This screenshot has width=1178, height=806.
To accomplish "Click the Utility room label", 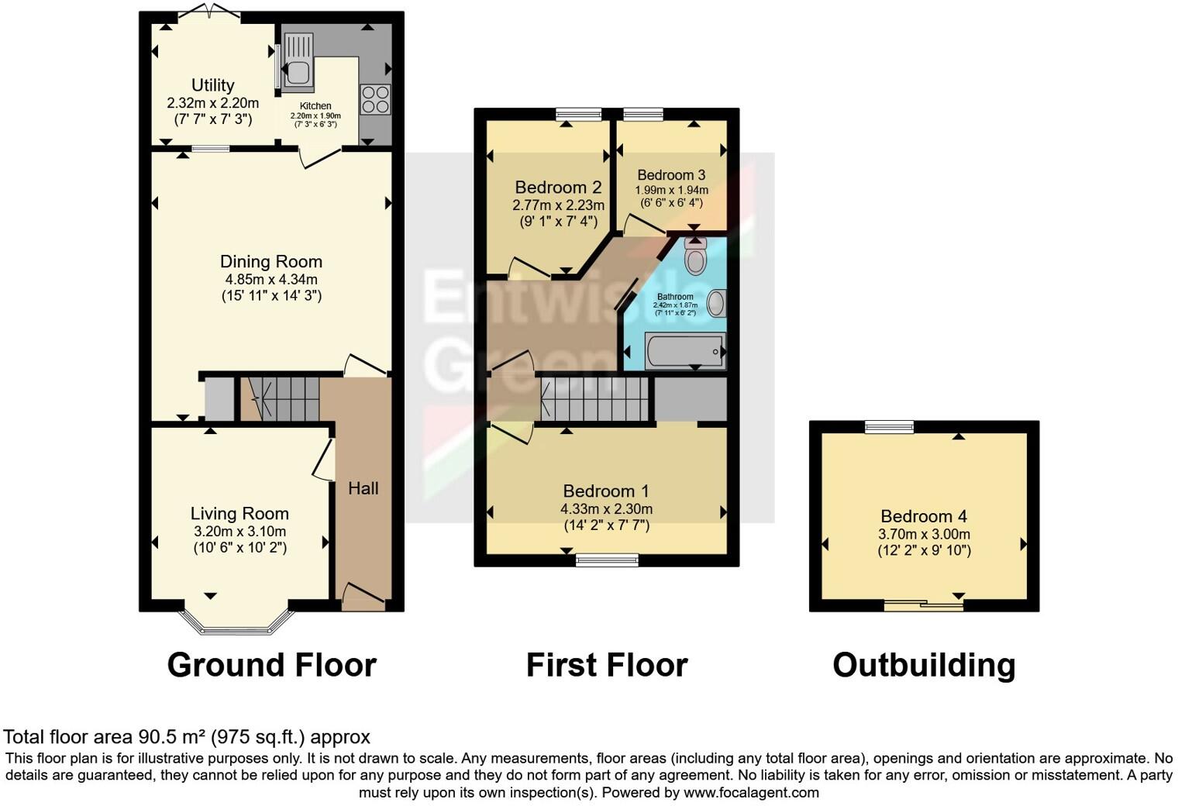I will (x=212, y=85).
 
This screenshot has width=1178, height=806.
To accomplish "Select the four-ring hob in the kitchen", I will (x=376, y=99).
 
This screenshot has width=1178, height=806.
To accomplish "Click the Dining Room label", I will (x=270, y=262).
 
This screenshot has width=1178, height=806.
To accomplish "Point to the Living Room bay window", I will (x=237, y=620).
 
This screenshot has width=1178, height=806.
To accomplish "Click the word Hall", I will (x=363, y=488).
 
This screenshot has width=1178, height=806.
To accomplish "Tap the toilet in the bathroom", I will (x=695, y=257).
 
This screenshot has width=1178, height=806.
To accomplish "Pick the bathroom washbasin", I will (x=716, y=303).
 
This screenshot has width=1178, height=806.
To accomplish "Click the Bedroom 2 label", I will (x=558, y=188).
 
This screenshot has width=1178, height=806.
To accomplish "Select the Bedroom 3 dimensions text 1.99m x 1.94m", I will (x=671, y=190).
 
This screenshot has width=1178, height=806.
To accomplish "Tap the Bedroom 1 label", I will (x=606, y=491).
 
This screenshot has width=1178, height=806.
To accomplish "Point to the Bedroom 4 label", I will (x=924, y=516).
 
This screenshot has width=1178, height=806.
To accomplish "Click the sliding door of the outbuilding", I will (x=924, y=605).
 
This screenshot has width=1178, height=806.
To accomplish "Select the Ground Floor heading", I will (x=271, y=665).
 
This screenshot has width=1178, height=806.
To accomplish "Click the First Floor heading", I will (x=607, y=665).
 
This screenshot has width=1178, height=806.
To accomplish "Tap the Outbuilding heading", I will (x=924, y=665).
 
